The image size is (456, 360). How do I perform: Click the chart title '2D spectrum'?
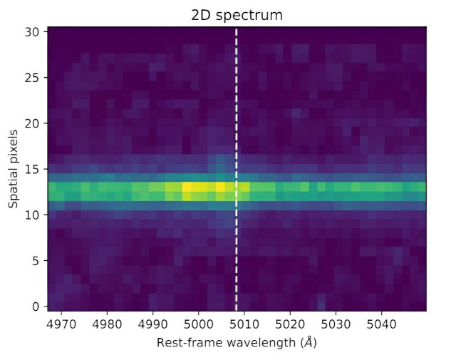click(237, 14)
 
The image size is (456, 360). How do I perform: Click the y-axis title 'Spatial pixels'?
click(14, 169)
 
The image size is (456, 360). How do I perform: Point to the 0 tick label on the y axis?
click(36, 307)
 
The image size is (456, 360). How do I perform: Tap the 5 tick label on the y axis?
click(36, 261)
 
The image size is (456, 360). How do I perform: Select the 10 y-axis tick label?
click(33, 215)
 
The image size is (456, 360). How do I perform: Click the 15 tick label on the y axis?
click(33, 169)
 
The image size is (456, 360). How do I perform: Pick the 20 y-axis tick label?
click(33, 123)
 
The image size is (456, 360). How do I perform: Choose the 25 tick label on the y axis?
click(33, 78)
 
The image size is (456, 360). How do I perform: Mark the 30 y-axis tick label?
click(33, 32)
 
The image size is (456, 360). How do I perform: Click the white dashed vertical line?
click(237, 143)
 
